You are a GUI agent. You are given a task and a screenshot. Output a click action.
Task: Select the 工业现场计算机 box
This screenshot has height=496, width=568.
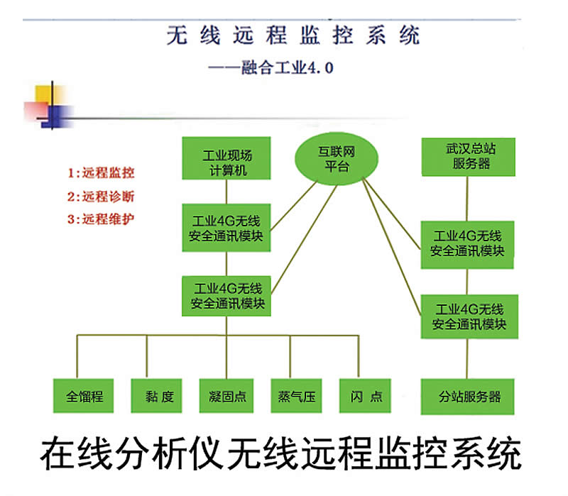226,163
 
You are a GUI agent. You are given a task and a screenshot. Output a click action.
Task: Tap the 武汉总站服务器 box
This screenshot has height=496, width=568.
467,156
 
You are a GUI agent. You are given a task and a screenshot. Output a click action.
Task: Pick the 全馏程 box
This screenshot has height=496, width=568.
84,396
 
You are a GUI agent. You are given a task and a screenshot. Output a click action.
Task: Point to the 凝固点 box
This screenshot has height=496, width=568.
227,396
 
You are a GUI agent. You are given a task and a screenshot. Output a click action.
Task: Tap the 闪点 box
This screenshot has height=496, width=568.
366,396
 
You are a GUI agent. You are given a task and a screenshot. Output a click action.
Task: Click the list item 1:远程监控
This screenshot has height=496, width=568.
101,172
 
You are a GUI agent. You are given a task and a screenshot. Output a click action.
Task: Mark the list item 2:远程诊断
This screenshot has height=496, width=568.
101,196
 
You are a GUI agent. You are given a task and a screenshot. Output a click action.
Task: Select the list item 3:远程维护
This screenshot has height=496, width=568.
101,219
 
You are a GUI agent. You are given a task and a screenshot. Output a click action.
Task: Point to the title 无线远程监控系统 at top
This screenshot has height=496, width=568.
293,35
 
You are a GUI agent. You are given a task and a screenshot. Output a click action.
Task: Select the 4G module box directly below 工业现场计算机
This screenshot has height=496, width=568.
226,227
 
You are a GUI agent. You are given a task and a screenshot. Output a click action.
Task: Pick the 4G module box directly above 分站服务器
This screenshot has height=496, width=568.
469,316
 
